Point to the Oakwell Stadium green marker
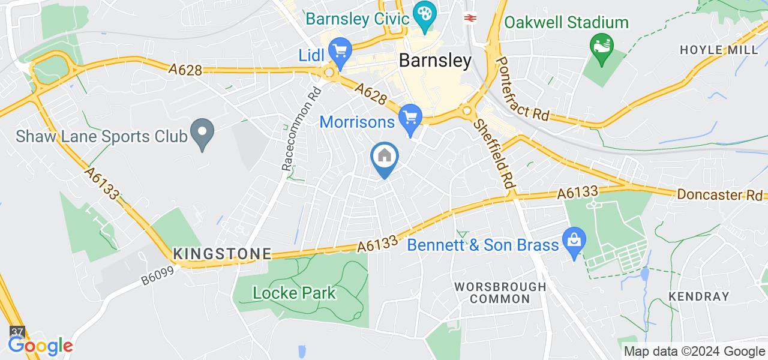[x=599, y=44]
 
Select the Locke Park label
[x=295, y=293]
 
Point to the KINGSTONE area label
[x=222, y=254]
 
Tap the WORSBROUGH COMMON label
[x=500, y=292]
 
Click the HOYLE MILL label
[x=719, y=50]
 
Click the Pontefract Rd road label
[x=523, y=90]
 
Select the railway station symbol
[x=470, y=17]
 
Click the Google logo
[x=40, y=346]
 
